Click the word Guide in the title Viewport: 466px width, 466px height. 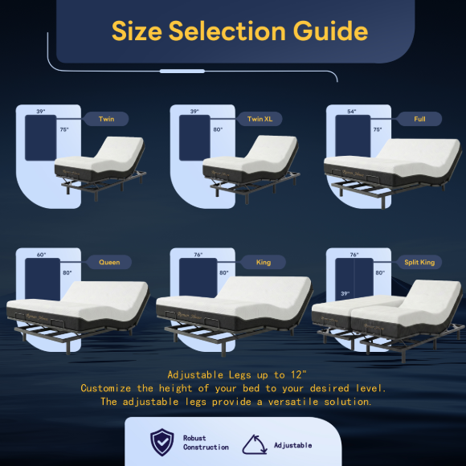coord(330,31)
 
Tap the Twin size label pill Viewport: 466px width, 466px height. coord(106,119)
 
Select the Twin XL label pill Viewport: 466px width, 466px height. coord(260,119)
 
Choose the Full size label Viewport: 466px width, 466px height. coord(419,119)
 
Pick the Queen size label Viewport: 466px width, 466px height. coord(109,262)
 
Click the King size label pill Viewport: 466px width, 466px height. coord(264,262)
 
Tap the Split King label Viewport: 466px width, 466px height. coord(419,262)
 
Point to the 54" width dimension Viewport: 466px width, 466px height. coord(352,112)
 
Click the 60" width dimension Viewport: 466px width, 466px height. coord(41,255)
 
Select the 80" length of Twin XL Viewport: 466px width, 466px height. coord(218,129)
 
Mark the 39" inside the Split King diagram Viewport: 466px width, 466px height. coord(345,293)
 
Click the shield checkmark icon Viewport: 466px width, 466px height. coord(162,442)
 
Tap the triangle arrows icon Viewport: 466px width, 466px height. coord(255,444)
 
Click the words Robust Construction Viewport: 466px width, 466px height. coord(206,443)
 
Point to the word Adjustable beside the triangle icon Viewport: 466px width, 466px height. coord(292,445)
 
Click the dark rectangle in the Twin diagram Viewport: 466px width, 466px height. coord(41,138)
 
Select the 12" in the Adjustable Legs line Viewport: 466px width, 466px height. coord(298,374)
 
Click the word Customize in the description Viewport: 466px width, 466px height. coord(105,388)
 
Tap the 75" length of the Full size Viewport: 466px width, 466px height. coord(378,129)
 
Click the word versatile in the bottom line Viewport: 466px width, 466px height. coord(293,402)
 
